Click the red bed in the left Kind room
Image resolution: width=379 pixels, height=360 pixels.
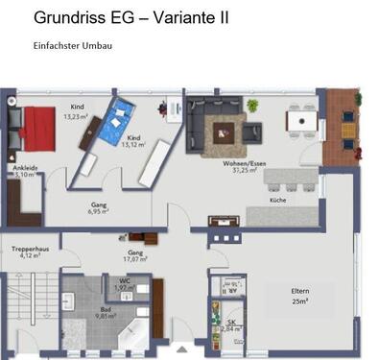[39, 127]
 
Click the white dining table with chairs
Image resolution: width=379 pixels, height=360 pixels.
[302, 121]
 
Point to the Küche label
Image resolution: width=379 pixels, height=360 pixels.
[278, 201]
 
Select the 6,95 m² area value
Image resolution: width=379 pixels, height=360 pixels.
[99, 210]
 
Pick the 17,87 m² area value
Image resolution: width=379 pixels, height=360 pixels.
[133, 257]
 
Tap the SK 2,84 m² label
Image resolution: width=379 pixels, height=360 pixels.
[231, 324]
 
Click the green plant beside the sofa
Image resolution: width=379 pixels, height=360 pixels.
[252, 106]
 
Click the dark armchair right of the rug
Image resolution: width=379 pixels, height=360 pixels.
[252, 131]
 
